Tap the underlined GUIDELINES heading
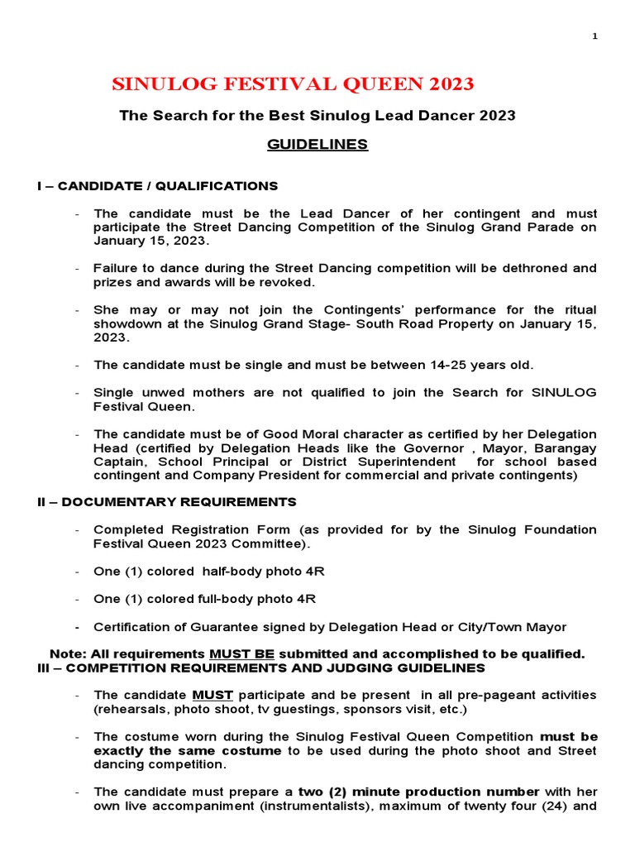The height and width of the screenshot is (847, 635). (317, 145)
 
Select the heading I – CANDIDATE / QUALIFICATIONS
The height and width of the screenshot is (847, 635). (157, 185)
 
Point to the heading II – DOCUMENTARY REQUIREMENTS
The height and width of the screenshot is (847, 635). (166, 502)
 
